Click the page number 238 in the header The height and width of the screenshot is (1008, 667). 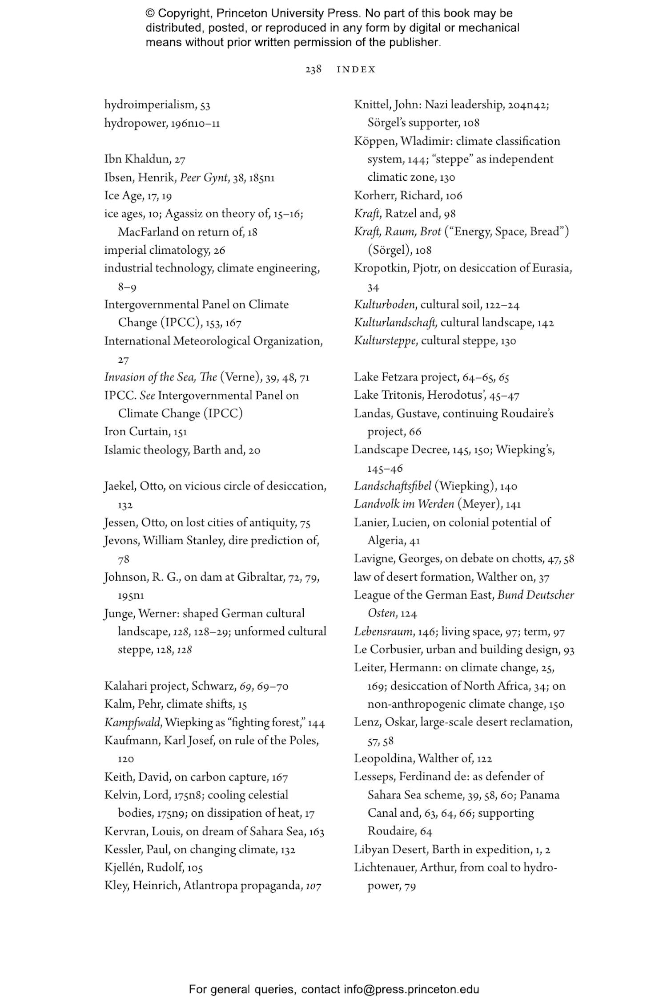point(313,69)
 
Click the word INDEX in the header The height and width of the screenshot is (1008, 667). point(356,69)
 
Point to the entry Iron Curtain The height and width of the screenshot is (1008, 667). point(137,431)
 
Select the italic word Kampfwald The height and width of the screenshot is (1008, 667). point(132,722)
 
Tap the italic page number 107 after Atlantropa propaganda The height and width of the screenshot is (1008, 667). point(313,886)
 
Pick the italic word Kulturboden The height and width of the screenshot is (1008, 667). point(385,304)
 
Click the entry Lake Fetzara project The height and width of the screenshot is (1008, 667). point(406,377)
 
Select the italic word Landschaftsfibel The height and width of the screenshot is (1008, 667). point(392,486)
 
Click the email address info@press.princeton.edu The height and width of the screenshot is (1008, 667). point(411,989)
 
